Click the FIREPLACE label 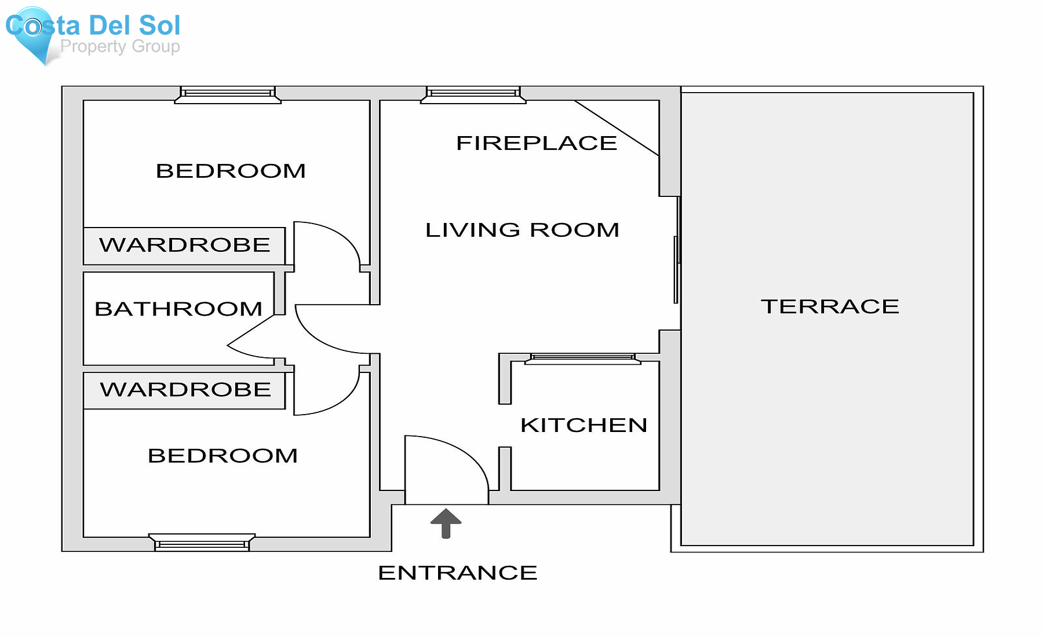coord(537,143)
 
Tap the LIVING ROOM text coord(522,230)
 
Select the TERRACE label coord(830,306)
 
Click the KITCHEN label coord(584,425)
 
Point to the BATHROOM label coord(178,309)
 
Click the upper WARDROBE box coord(184,246)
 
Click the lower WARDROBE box coord(184,390)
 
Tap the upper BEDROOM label coord(231,171)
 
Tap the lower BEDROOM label coord(223,456)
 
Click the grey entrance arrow coord(446,523)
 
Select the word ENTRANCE coord(457,573)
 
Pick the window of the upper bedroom coord(228,94)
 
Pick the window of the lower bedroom coord(202,543)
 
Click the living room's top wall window coord(473,94)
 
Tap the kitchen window coord(582,358)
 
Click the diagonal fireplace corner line coord(617,128)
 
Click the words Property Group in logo coord(120,46)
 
